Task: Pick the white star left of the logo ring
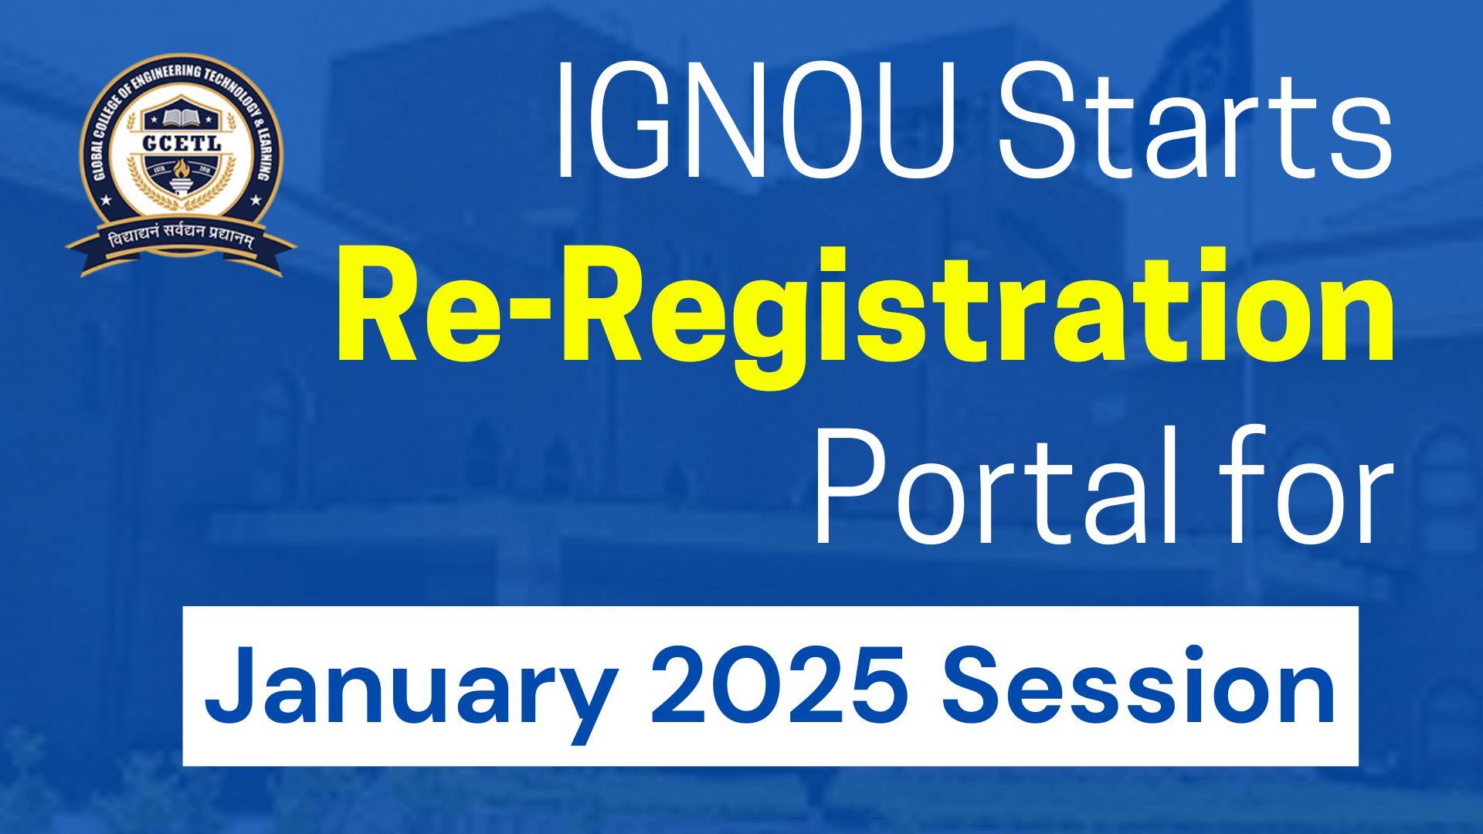pos(106,201)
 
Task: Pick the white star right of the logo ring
pos(255,201)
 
